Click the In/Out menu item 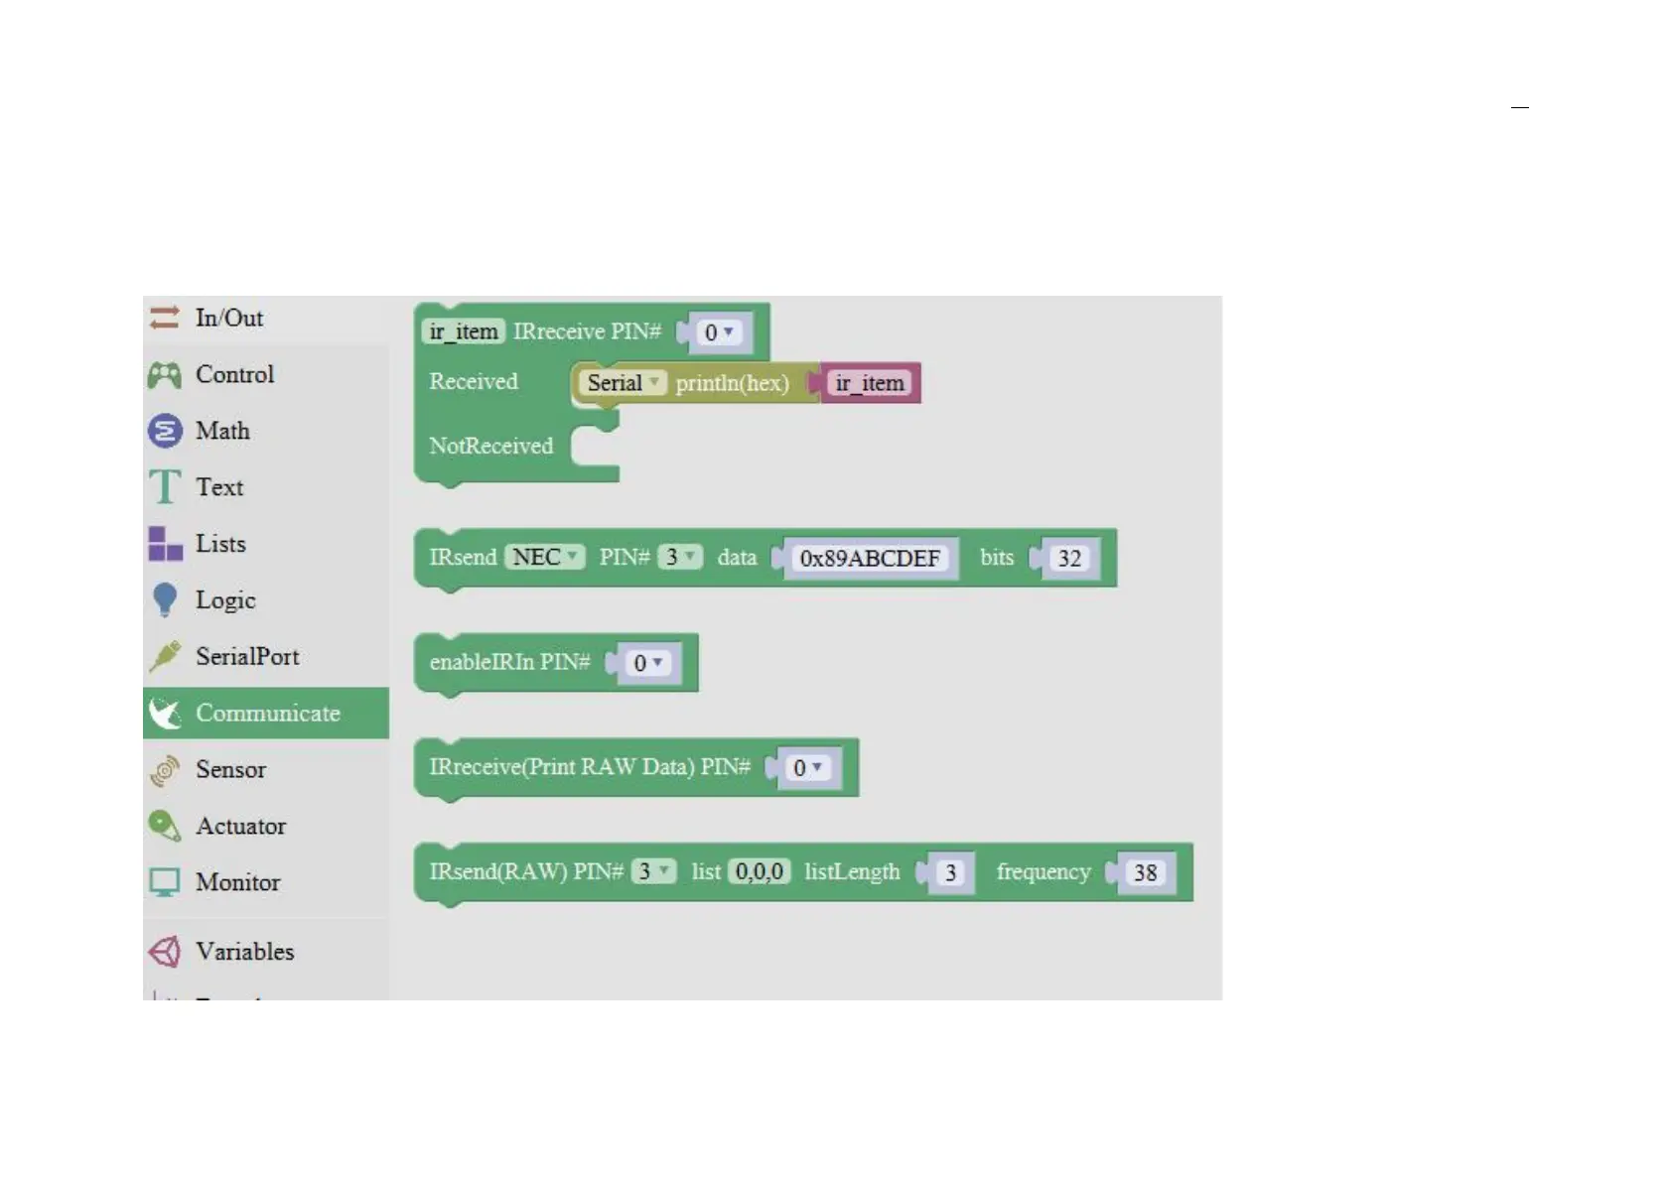click(x=228, y=318)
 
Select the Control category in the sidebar click(x=234, y=374)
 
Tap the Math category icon click(x=165, y=431)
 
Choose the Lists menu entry click(x=219, y=544)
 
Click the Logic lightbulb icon click(x=165, y=599)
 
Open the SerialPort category click(x=246, y=656)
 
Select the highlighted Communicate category click(x=266, y=713)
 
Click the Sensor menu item click(x=230, y=769)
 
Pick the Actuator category click(x=240, y=826)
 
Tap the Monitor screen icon click(x=165, y=882)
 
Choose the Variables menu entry click(x=244, y=952)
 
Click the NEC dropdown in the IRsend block click(x=545, y=557)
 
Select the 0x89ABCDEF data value click(x=870, y=559)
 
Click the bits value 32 click(x=1069, y=559)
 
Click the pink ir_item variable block click(x=870, y=383)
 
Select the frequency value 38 click(x=1145, y=873)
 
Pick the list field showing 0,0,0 click(x=760, y=871)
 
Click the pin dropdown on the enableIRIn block click(x=647, y=663)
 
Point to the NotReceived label click(x=490, y=446)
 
